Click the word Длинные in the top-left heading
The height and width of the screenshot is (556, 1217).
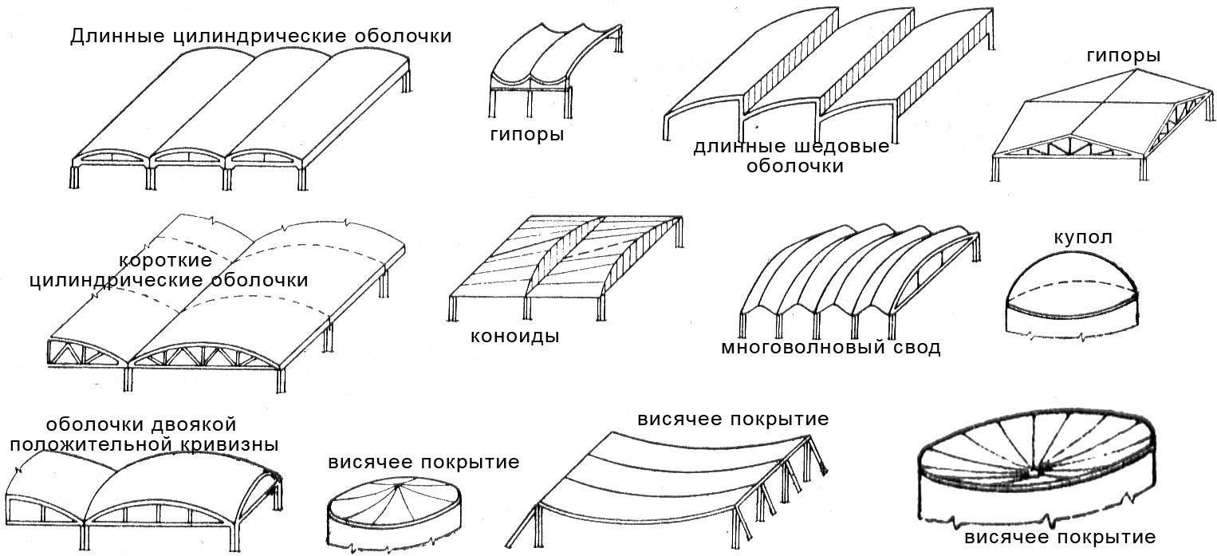pyautogui.click(x=116, y=37)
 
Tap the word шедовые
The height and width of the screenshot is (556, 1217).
pyautogui.click(x=841, y=146)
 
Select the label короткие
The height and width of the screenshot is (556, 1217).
pyautogui.click(x=166, y=260)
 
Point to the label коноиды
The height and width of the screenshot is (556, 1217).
pyautogui.click(x=514, y=337)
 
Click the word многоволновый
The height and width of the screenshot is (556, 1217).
pyautogui.click(x=803, y=347)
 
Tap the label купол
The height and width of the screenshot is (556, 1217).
pyautogui.click(x=1083, y=238)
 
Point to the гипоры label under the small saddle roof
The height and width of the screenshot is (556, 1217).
pyautogui.click(x=527, y=134)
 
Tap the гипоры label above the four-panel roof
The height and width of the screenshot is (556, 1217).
pyautogui.click(x=1124, y=55)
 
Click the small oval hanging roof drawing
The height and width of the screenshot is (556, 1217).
pyautogui.click(x=395, y=514)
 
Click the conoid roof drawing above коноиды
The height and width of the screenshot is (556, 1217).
pyautogui.click(x=566, y=267)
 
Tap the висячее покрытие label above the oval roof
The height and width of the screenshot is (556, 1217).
pyautogui.click(x=423, y=462)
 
